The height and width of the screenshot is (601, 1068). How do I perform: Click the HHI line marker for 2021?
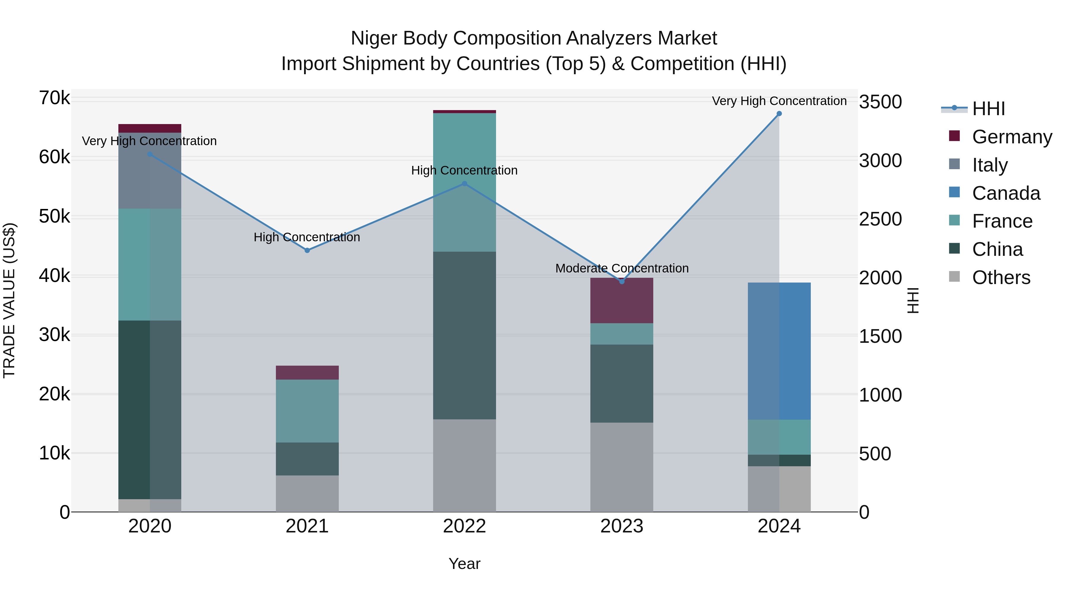coord(307,250)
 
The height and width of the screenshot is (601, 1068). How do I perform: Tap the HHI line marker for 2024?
coord(779,114)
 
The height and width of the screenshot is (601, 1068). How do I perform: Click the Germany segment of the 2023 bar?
coord(622,301)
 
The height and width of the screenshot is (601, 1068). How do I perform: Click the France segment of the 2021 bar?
coord(307,411)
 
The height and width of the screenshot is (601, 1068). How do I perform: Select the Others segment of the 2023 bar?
coord(622,467)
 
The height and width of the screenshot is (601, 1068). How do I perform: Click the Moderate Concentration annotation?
coord(622,268)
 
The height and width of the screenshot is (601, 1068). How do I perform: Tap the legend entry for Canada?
coord(1006,193)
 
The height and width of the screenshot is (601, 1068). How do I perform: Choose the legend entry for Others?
coord(1001,277)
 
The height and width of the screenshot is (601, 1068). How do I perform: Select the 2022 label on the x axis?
coord(464,526)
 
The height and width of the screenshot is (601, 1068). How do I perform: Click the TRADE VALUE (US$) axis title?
coord(9,300)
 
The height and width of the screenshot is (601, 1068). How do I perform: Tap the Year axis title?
coord(464,564)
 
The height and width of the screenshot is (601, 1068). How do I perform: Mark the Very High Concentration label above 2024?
coord(779,101)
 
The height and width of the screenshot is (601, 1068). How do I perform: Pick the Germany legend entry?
coord(1012,137)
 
